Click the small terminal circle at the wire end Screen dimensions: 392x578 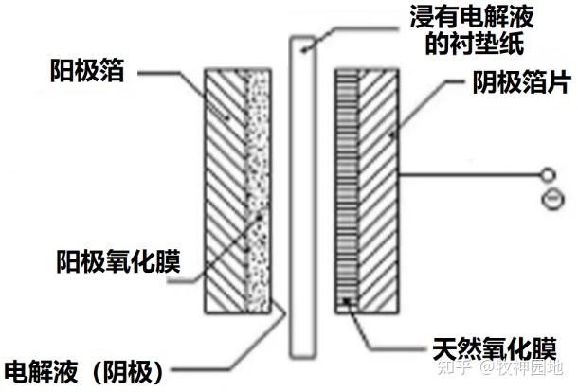(x=545, y=176)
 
